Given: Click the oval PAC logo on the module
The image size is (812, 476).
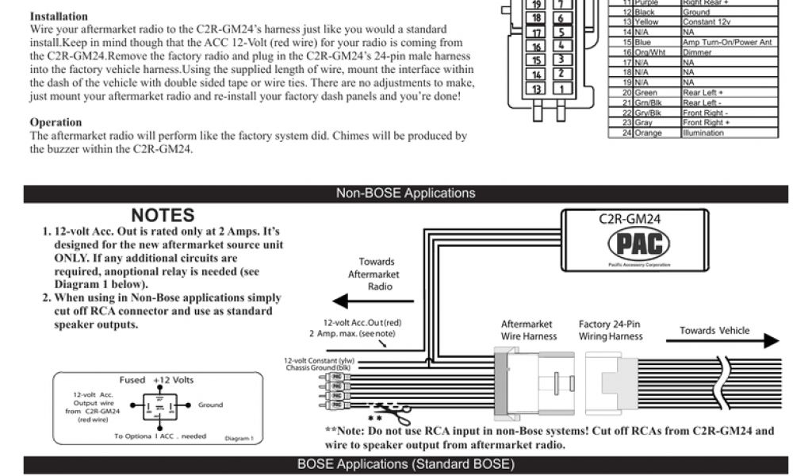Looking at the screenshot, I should [x=638, y=244].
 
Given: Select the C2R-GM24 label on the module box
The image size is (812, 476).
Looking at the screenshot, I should [x=630, y=219].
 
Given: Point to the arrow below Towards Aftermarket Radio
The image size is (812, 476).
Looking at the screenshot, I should [x=372, y=301].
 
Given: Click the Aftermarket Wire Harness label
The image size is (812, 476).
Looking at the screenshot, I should [x=529, y=330].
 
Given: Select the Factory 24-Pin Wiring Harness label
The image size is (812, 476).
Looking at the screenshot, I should [x=610, y=330].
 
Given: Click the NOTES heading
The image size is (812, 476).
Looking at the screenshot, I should [x=163, y=215].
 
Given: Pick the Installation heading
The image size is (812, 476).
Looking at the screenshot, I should [x=59, y=17].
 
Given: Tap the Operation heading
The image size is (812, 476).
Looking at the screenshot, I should [x=56, y=122].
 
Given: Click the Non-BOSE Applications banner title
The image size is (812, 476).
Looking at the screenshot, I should [x=405, y=193].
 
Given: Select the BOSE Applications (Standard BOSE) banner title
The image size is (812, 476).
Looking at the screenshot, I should [x=405, y=464].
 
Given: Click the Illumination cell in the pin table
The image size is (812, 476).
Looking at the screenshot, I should [x=703, y=133].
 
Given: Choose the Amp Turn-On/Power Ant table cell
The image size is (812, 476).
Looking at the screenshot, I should [x=727, y=42].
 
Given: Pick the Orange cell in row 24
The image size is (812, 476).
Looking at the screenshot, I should [x=648, y=133].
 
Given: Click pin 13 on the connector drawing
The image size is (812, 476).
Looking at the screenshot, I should [x=536, y=89].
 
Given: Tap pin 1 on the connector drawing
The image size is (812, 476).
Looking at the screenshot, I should [x=561, y=89].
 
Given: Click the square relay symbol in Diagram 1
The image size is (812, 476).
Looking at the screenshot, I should [x=160, y=405].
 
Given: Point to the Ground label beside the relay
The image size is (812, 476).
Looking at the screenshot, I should [x=211, y=405].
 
